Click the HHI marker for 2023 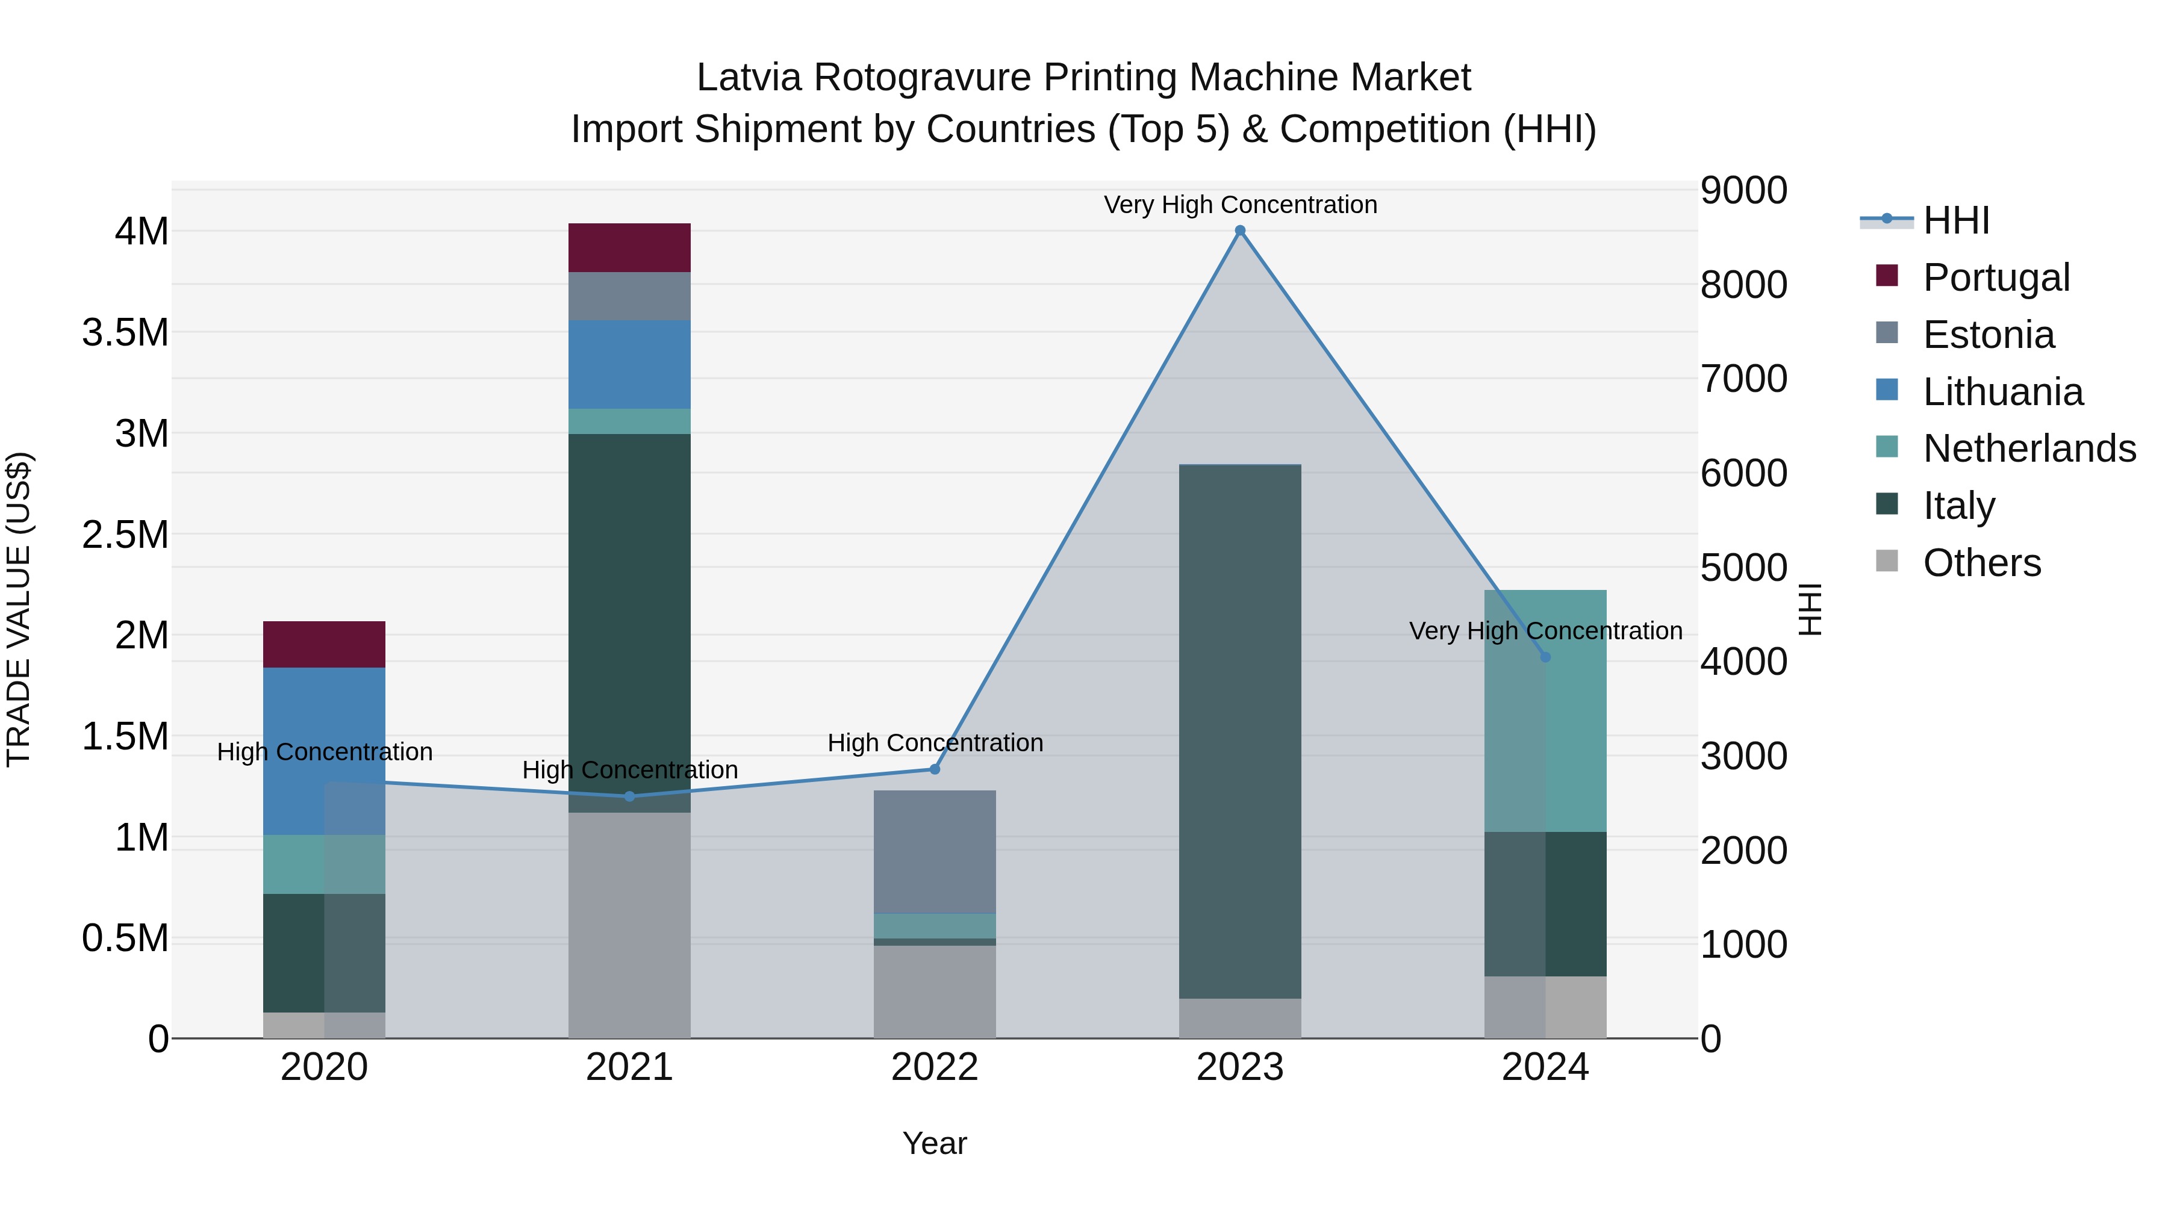pos(1240,231)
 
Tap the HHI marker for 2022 pos(934,769)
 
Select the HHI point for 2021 pos(629,796)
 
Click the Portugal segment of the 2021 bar pos(629,247)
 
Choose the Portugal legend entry pos(1996,278)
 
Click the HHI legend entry pos(1956,220)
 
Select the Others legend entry pos(1981,563)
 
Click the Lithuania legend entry pos(2002,392)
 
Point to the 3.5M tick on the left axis pos(125,333)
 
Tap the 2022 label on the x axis pos(934,1067)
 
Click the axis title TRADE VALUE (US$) pos(19,609)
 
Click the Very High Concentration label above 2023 pos(1240,205)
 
